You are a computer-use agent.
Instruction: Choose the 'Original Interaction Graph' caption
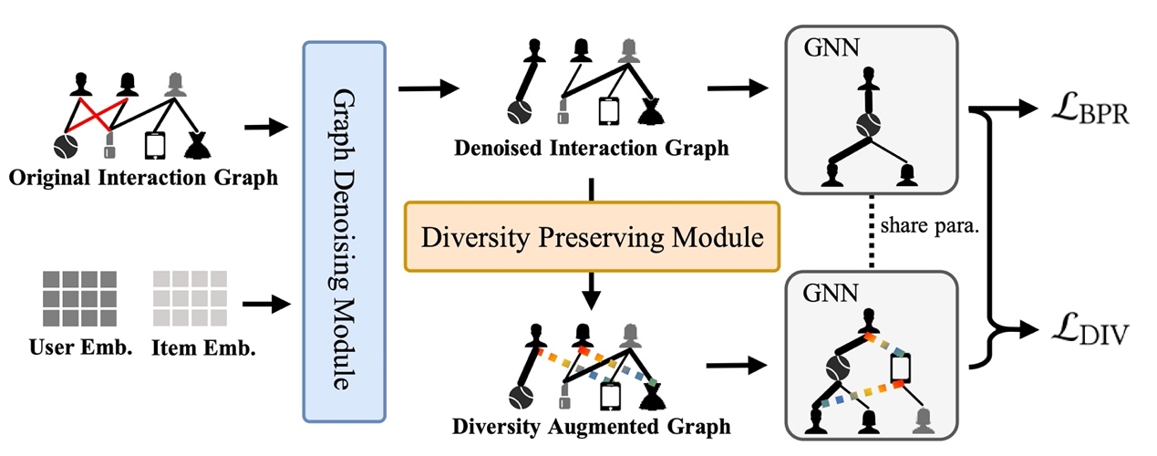pyautogui.click(x=143, y=178)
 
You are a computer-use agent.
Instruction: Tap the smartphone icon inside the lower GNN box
pyautogui.click(x=901, y=368)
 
